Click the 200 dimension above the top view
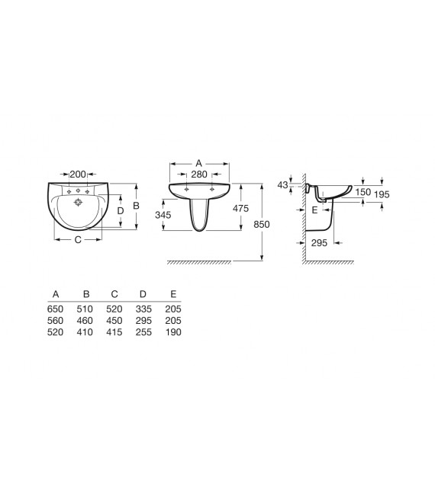coord(78,174)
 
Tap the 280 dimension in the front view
coord(199,174)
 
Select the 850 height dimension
coord(261,224)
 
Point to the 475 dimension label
coord(241,209)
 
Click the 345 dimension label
coord(163,215)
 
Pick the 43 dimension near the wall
coord(282,184)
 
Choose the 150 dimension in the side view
coord(362,192)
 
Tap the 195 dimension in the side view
coord(382,194)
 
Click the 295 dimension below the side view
coord(319,242)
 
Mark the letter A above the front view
coord(198,163)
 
